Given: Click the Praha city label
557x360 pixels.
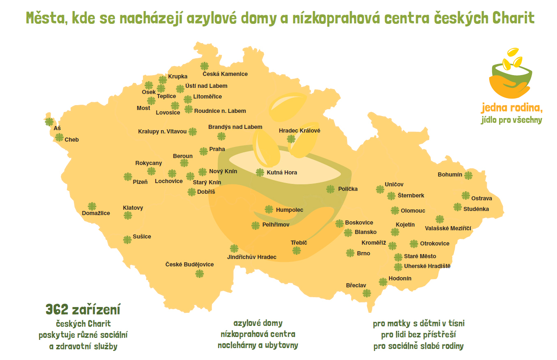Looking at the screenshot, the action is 217,149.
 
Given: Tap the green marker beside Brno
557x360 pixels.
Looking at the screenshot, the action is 350,253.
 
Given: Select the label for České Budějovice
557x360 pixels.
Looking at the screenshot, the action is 189,264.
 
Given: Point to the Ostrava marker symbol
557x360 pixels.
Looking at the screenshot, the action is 466,195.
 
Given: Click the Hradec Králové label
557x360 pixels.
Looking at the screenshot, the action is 299,131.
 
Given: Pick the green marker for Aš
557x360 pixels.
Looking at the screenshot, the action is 49,122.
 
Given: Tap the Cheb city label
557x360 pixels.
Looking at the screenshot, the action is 71,140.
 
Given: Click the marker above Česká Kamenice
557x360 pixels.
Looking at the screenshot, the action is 205,66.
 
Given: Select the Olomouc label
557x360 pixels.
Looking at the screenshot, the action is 413,211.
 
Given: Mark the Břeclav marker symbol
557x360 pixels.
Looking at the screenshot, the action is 367,293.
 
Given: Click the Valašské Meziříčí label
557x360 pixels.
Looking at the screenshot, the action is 448,228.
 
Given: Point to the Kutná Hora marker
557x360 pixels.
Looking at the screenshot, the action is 260,172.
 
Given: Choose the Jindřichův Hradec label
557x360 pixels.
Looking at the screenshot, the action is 252,257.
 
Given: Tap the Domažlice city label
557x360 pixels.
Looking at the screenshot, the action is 96,213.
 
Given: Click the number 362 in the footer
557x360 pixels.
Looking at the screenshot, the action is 57,310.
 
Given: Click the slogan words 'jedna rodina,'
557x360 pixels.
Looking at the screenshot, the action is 512,108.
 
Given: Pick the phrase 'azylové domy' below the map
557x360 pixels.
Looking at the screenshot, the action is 258,323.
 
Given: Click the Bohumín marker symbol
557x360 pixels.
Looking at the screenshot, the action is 468,175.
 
